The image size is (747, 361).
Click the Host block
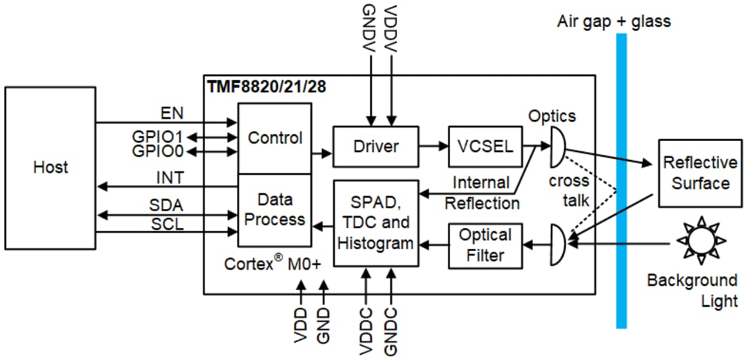pyautogui.click(x=50, y=167)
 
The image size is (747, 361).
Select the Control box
pyautogui.click(x=274, y=138)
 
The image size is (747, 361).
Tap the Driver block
pyautogui.click(x=376, y=146)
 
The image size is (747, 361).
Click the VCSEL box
pyautogui.click(x=481, y=146)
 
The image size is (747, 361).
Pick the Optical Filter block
pyautogui.click(x=485, y=245)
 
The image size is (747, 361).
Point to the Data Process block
pyautogui.click(x=274, y=210)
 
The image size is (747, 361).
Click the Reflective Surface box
pyautogui.click(x=699, y=173)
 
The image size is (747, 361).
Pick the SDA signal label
pyautogui.click(x=166, y=205)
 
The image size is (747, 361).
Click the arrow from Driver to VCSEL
pyautogui.click(x=433, y=145)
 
